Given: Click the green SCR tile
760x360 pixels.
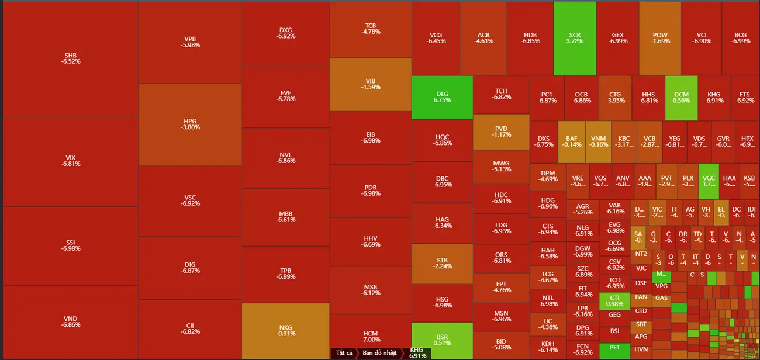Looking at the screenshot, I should pyautogui.click(x=575, y=38).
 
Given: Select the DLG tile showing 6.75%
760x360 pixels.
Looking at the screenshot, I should pyautogui.click(x=442, y=97).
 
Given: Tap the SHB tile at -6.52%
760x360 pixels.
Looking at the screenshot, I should pyautogui.click(x=70, y=58).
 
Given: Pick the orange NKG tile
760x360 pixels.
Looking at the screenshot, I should pyautogui.click(x=285, y=330).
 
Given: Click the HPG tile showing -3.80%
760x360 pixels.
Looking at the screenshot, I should pyautogui.click(x=190, y=124).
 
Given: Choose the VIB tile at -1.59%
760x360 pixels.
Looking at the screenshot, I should pyautogui.click(x=370, y=84).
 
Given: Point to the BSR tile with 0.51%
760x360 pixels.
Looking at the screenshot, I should pyautogui.click(x=442, y=340).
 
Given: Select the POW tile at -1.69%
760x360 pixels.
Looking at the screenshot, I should pyautogui.click(x=660, y=38).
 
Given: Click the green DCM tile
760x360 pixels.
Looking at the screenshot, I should pyautogui.click(x=681, y=97).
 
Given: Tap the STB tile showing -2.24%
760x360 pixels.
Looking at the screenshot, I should pyautogui.click(x=442, y=263).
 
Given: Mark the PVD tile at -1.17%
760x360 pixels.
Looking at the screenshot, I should pyautogui.click(x=501, y=131).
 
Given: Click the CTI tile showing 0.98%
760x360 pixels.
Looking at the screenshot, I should pyautogui.click(x=614, y=300).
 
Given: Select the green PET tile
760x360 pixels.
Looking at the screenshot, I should pyautogui.click(x=614, y=347).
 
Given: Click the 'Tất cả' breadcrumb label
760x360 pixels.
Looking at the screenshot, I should pyautogui.click(x=344, y=353).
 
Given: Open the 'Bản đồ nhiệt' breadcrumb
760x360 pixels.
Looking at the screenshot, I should pyautogui.click(x=379, y=353).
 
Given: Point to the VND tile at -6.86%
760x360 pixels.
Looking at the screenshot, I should pyautogui.click(x=70, y=322).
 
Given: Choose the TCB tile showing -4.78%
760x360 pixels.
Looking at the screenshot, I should pyautogui.click(x=370, y=29).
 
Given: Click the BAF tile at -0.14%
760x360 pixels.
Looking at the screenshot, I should pyautogui.click(x=571, y=141).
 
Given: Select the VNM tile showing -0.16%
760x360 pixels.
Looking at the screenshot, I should pyautogui.click(x=598, y=141).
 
